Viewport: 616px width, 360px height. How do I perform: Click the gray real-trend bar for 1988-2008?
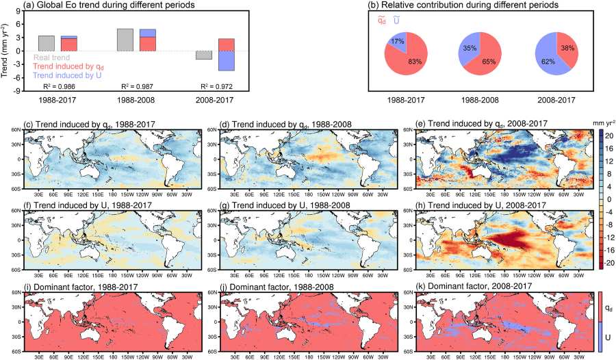click(125, 39)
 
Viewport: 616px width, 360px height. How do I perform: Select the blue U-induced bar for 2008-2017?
click(227, 60)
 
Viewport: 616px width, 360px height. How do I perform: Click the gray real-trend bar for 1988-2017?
click(47, 42)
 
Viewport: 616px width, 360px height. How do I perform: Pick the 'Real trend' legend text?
click(51, 57)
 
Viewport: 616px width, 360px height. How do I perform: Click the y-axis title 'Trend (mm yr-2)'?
click(6, 49)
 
